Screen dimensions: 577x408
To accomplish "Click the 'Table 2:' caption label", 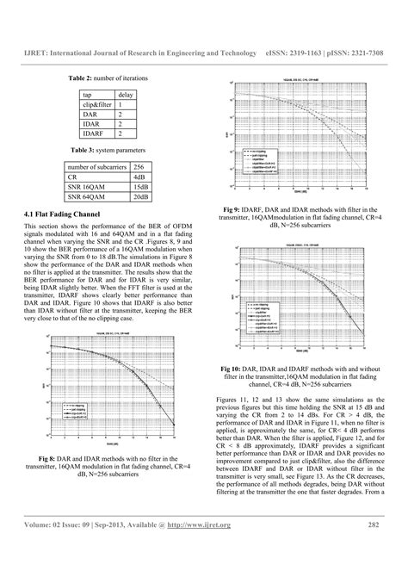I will coord(80,78).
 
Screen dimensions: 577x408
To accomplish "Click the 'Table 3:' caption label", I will coord(80,150).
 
